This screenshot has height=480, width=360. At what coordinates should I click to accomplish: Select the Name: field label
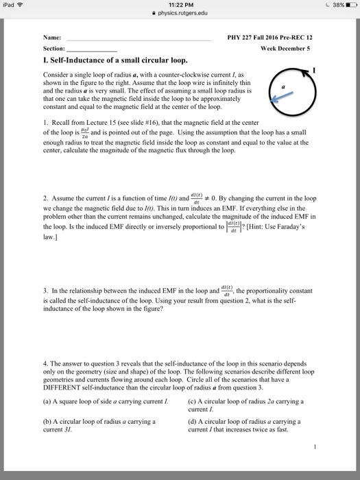[x=51, y=37]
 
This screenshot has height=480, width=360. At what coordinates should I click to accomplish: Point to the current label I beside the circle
[x=313, y=70]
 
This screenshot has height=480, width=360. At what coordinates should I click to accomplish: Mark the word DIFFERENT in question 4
[x=67, y=383]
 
